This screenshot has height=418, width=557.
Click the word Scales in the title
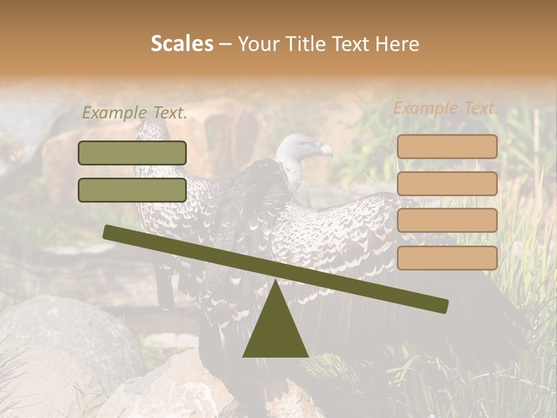tap(182, 44)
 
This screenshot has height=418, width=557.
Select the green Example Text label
tap(135, 113)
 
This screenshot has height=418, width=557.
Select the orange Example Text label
tap(446, 108)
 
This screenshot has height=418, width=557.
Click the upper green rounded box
tap(132, 153)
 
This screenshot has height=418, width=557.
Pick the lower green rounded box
tap(132, 190)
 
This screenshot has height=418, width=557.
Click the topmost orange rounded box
tap(447, 147)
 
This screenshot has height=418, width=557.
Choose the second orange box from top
tap(447, 183)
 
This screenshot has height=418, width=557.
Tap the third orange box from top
tap(447, 221)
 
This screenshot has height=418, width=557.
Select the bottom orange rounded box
tap(447, 258)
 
